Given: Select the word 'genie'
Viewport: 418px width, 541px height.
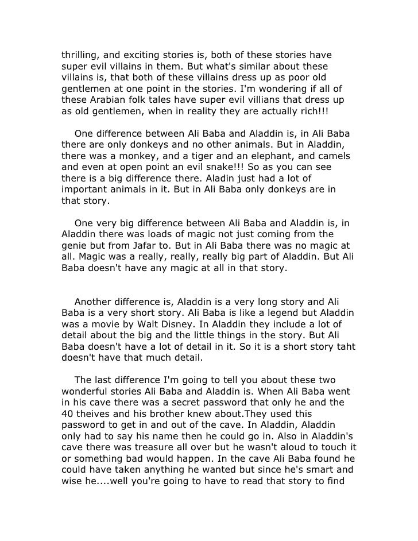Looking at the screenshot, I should point(75,245).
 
